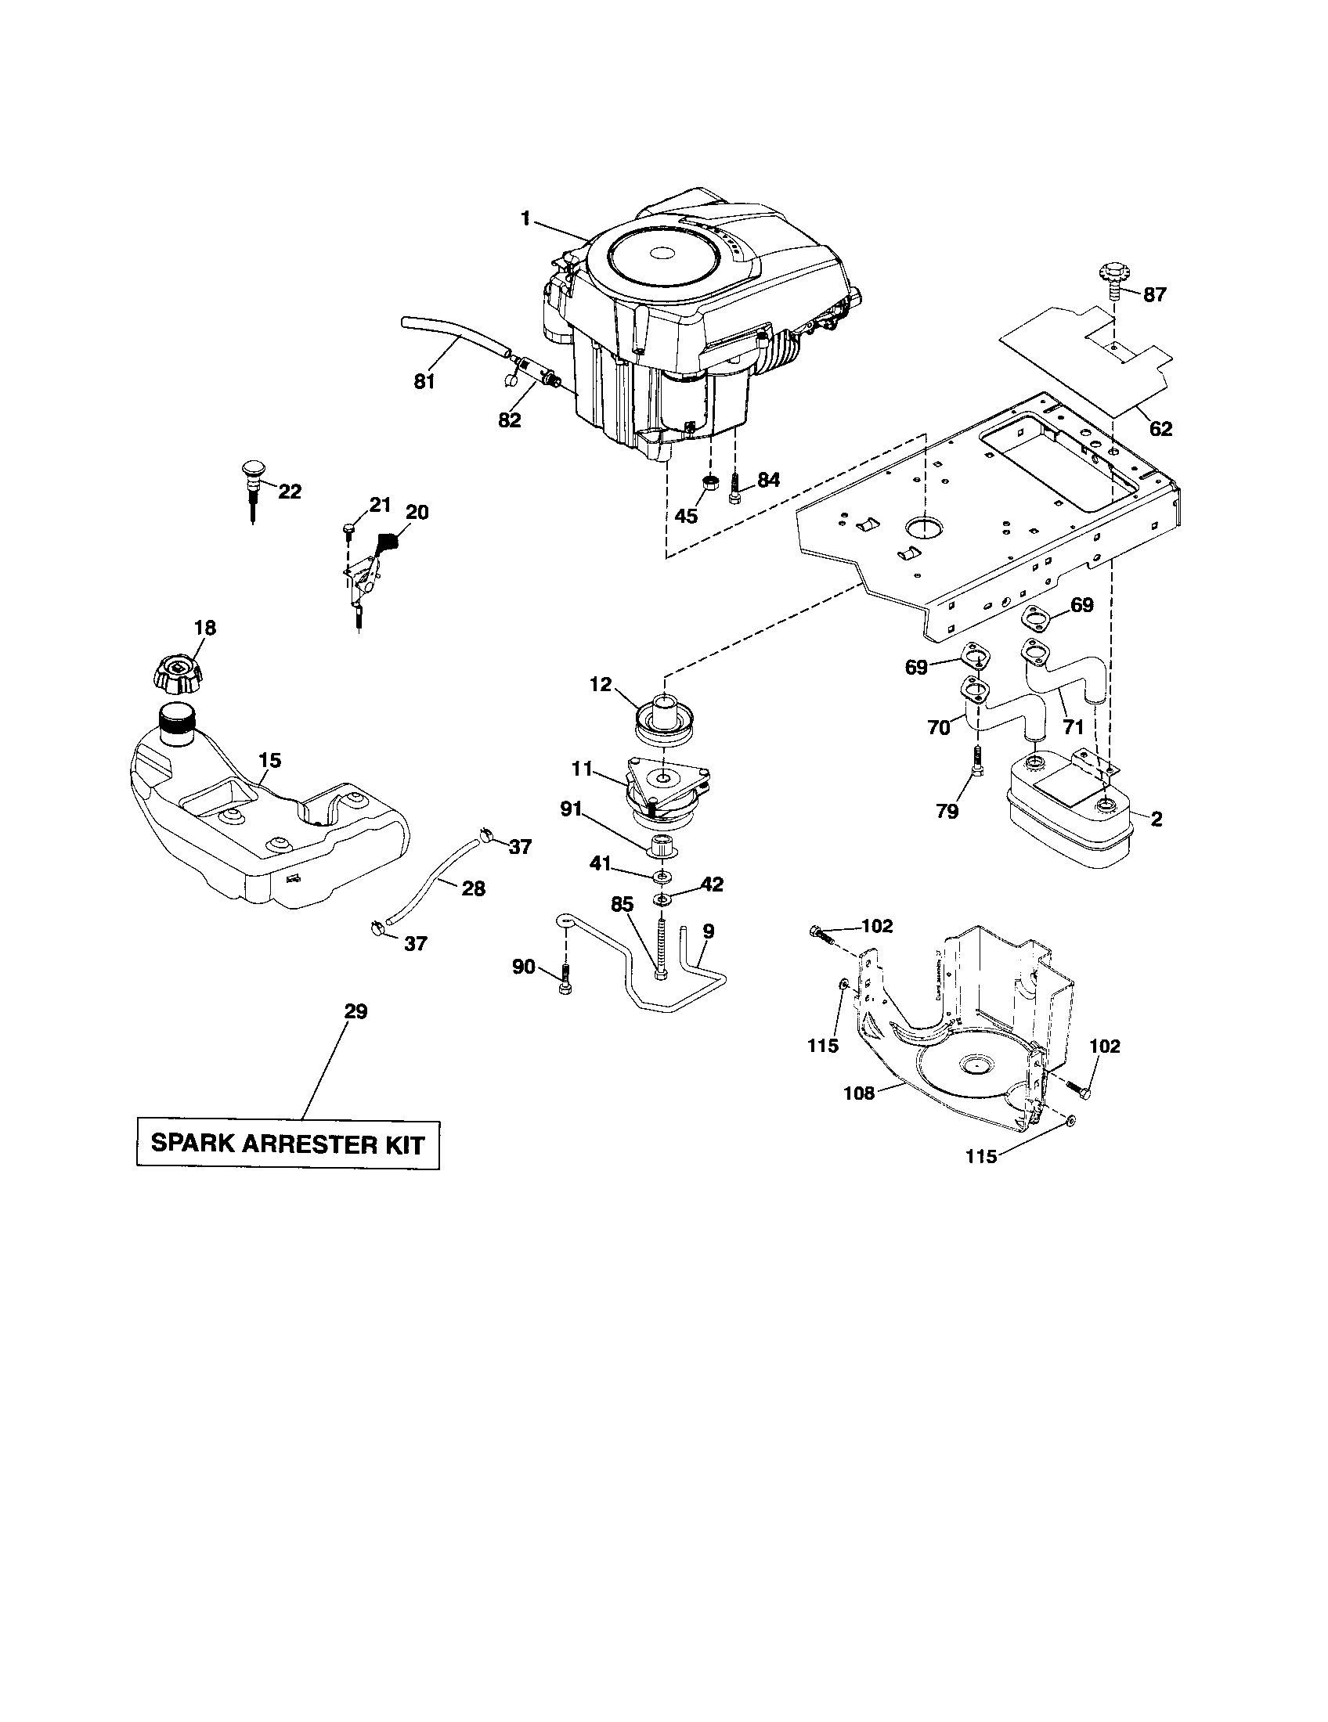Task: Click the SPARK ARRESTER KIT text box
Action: (x=287, y=1144)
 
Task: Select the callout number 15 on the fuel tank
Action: (x=269, y=761)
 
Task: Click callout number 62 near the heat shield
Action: (x=1160, y=429)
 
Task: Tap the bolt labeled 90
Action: (x=564, y=981)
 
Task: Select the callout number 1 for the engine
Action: (x=525, y=218)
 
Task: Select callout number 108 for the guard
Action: (x=859, y=1093)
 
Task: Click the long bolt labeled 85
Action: (x=659, y=947)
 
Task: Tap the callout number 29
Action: (x=356, y=1011)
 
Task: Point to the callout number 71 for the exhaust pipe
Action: (x=1073, y=726)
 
